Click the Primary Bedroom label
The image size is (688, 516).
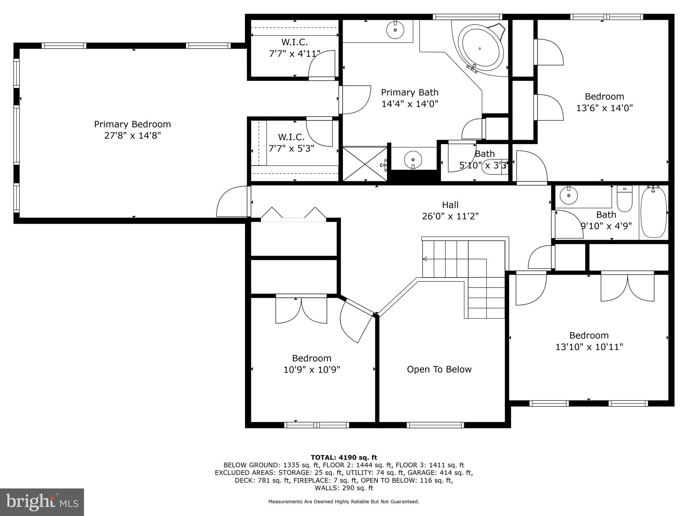coord(132,124)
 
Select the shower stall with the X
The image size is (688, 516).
coord(364,164)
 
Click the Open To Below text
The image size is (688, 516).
coord(439,370)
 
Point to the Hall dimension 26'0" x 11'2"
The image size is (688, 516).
coord(450,216)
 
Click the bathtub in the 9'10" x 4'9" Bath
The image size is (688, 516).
coord(653,212)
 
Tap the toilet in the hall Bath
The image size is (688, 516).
coord(625,199)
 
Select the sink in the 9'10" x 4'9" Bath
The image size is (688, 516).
coord(569,196)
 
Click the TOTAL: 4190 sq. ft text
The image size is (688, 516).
coord(344,457)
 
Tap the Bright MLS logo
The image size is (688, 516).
coord(42,502)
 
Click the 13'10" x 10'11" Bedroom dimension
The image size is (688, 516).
coord(589,347)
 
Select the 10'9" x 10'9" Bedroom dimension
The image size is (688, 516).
coord(312,370)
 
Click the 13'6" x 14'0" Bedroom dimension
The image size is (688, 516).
coord(604,108)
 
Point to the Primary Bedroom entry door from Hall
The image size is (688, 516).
coord(232,202)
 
